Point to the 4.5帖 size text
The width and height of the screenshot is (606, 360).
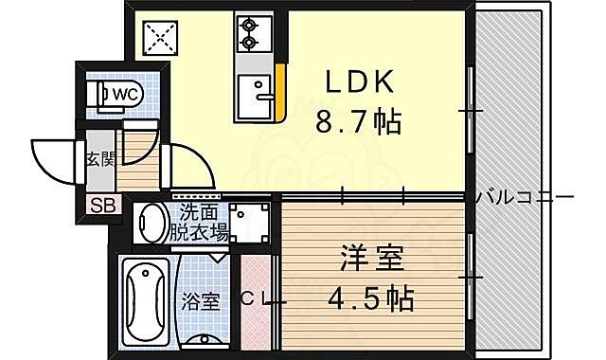(x=366, y=299)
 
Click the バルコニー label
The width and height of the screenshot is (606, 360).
(x=525, y=197)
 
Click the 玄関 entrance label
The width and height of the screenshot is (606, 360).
(x=99, y=159)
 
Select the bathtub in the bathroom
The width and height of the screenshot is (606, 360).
(x=148, y=300)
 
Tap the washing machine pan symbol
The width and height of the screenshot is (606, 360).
(x=249, y=224)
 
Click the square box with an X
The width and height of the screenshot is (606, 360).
(x=158, y=38)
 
